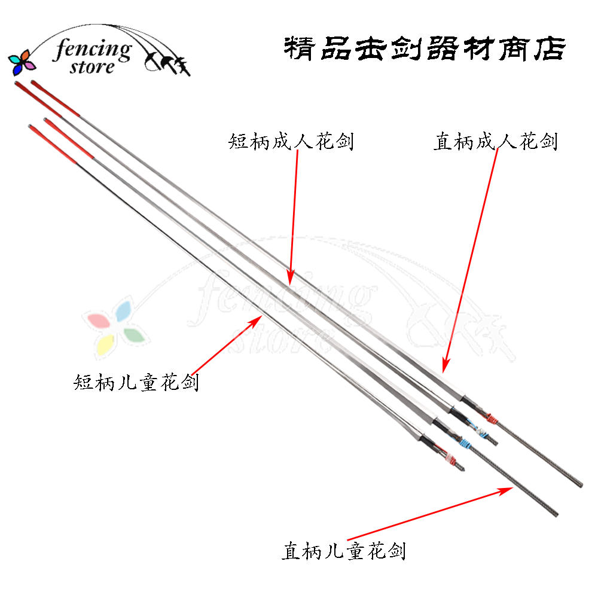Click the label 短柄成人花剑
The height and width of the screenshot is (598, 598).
click(x=291, y=142)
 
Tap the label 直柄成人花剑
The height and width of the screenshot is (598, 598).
click(x=496, y=142)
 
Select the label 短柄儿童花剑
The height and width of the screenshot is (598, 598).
click(x=136, y=382)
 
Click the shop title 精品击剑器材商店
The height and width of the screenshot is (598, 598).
click(x=424, y=48)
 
